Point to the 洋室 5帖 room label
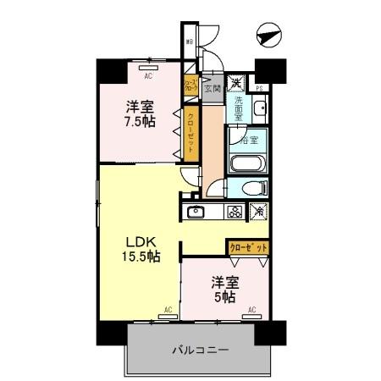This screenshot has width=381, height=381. (x=223, y=291)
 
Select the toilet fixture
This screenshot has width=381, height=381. (x=252, y=188)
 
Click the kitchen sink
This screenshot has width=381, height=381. (x=196, y=212)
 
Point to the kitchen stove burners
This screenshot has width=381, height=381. (x=234, y=212)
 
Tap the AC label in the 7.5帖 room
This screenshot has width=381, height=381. (x=148, y=76)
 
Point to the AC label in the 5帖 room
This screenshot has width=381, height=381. (x=251, y=310)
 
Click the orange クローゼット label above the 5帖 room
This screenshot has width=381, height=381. (x=248, y=247)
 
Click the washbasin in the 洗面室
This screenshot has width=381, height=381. (x=261, y=108)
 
